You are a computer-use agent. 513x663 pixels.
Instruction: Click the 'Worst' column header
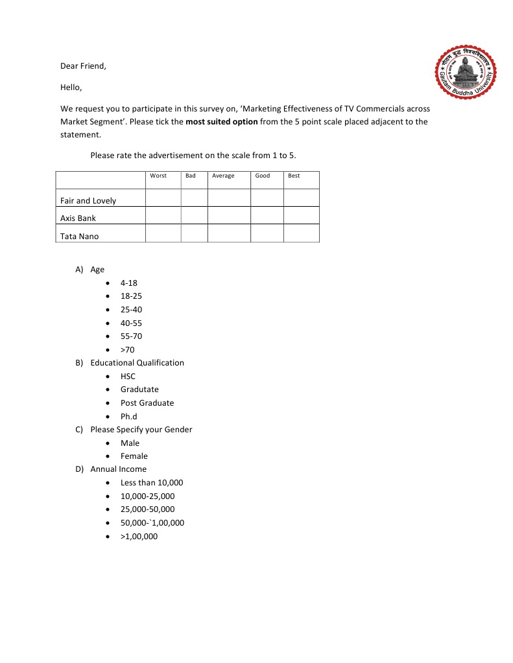coord(158,176)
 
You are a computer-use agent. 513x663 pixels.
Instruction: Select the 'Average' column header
coord(223,176)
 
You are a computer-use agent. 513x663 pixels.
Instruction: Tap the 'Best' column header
coord(294,176)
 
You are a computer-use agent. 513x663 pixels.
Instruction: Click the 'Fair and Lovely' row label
coord(88,201)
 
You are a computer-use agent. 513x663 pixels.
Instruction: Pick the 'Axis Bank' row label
coord(78,218)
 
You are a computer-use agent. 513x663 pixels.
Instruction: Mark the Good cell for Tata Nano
coord(267,233)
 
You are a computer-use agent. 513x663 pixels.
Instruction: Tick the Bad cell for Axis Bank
coord(194,215)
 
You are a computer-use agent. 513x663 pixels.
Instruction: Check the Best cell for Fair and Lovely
coord(302,198)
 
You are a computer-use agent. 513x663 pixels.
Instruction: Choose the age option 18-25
coord(131,296)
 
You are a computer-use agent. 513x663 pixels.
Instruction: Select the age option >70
coord(127,350)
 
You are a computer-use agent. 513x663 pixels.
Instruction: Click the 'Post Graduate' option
coord(147,403)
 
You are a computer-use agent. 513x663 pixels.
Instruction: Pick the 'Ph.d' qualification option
coord(128,417)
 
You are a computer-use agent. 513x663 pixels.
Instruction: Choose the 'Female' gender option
coord(134,456)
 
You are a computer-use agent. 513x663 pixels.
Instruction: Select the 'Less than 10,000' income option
coord(152,483)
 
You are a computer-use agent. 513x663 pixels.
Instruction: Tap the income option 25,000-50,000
coord(147,509)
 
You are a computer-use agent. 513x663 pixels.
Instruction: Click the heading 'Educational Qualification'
coord(137,363)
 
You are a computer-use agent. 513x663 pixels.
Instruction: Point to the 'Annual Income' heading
coord(118,469)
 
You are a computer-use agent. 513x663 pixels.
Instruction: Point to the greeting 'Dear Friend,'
coord(83,66)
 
